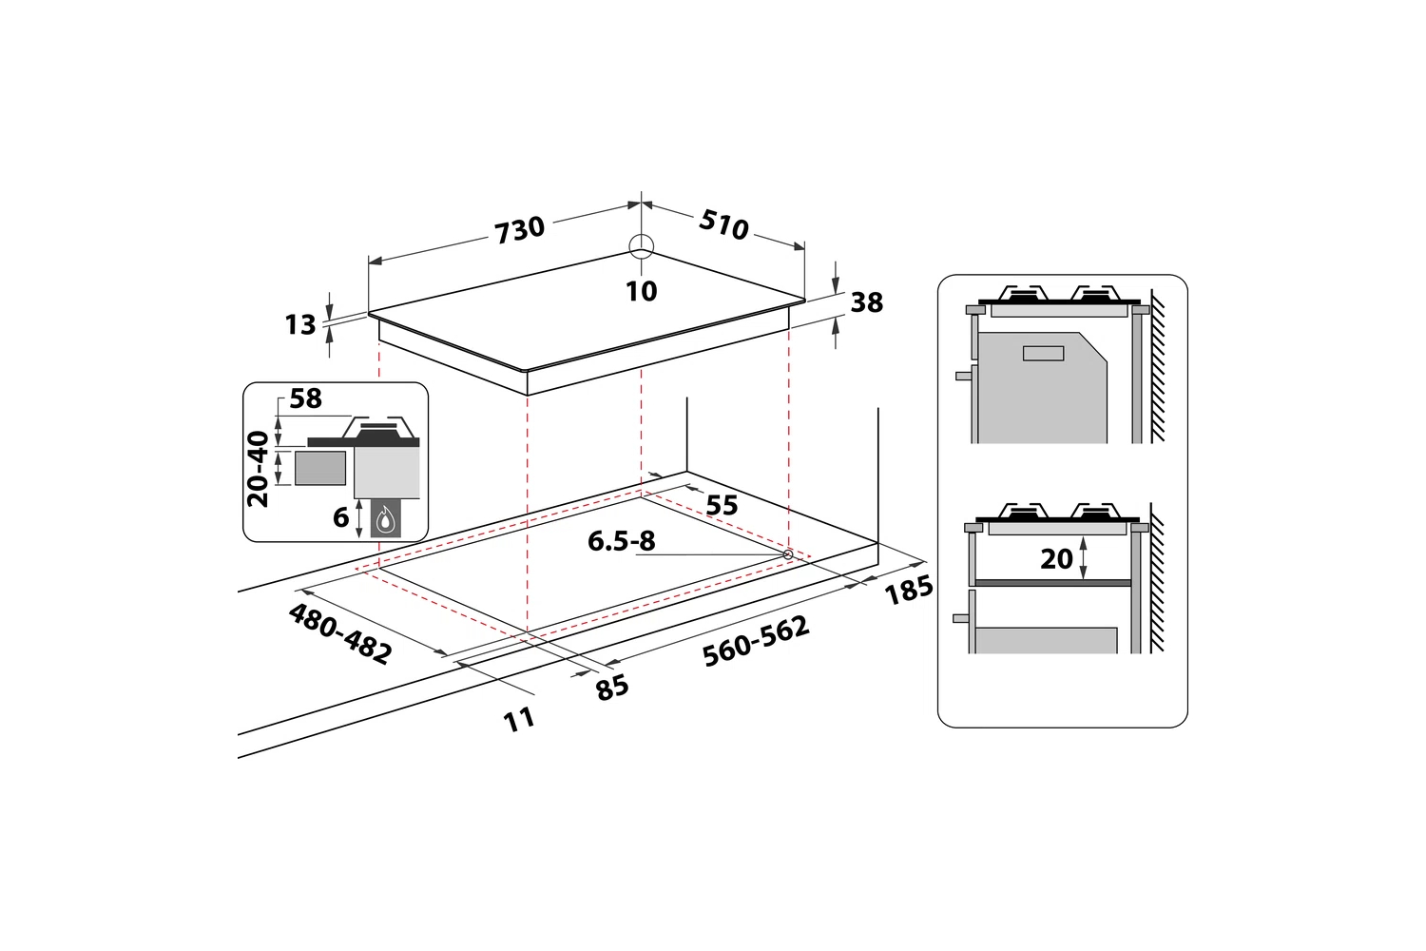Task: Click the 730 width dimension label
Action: coord(520,229)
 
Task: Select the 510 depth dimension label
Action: coord(723,224)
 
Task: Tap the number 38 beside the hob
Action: coord(866,302)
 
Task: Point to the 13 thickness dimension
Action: coord(300,325)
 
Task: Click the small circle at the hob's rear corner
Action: coord(641,246)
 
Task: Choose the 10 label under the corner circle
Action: coord(641,291)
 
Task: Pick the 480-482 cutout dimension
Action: coord(340,633)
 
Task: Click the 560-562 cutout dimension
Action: coord(756,641)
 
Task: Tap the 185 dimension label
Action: coord(909,590)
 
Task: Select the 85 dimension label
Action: coord(612,688)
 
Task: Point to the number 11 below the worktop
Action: coord(519,721)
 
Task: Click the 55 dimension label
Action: coord(722,505)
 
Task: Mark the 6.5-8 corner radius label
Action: coord(621,541)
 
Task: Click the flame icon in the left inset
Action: coord(386,519)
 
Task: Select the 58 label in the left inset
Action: coord(305,398)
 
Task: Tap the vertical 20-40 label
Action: coord(258,469)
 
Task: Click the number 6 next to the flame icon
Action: coord(340,518)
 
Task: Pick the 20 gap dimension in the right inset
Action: coord(1057,558)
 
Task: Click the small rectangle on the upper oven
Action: coord(1044,354)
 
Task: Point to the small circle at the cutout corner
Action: coord(788,554)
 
